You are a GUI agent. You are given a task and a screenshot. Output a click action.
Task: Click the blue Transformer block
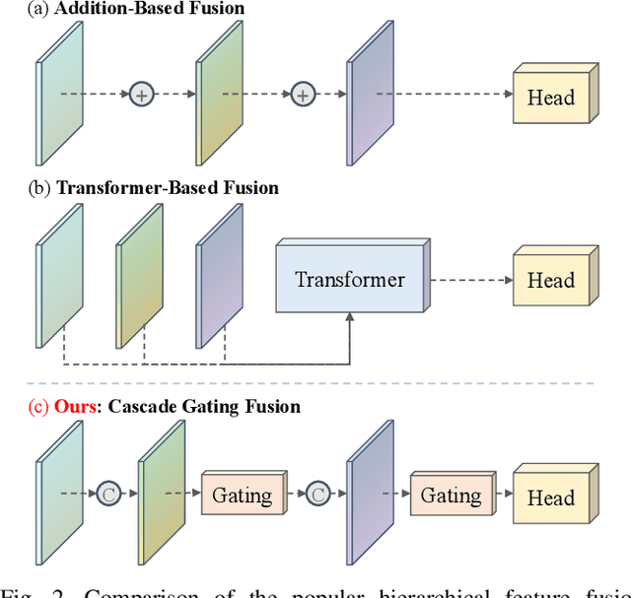pyautogui.click(x=349, y=280)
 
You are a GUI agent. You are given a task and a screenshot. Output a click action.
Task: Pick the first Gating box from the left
pyautogui.click(x=242, y=495)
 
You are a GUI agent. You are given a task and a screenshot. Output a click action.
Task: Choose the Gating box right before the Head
pyautogui.click(x=451, y=495)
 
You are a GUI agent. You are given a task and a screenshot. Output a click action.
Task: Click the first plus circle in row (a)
pyautogui.click(x=143, y=95)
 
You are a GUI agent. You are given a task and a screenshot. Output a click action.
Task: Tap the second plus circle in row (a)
pyautogui.click(x=302, y=95)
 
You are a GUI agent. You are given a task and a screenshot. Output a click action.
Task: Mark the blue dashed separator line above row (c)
pyautogui.click(x=315, y=382)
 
